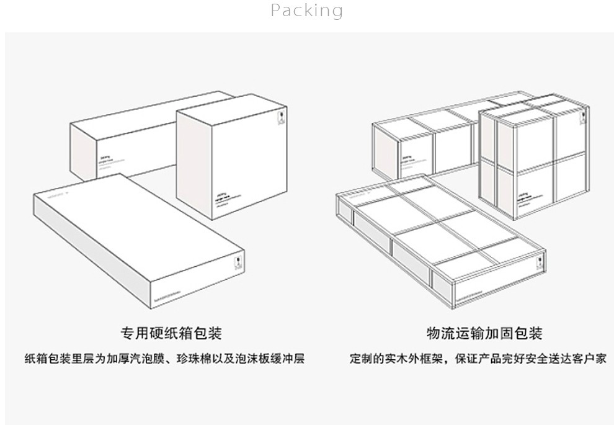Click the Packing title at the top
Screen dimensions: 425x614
pos(306,11)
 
